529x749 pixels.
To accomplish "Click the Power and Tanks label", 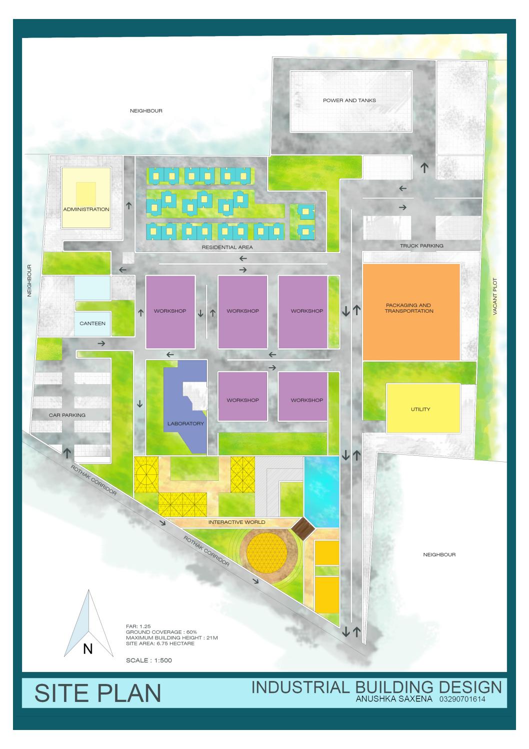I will tap(349, 101).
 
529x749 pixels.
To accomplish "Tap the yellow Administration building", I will tap(86, 198).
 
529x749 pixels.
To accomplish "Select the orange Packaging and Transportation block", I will tap(411, 311).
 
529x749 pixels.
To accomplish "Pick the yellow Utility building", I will tap(423, 408).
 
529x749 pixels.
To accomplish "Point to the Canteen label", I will tap(93, 323).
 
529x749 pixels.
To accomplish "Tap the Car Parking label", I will tap(67, 415).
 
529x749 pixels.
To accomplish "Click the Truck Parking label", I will tap(421, 246).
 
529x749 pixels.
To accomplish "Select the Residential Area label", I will tap(227, 247).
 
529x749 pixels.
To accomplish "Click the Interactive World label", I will tap(236, 522).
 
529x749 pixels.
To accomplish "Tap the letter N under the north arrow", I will tap(88, 649).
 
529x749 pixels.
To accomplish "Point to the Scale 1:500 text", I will tap(149, 660).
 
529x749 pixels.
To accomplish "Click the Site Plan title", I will tap(98, 693).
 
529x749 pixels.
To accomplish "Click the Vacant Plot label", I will tap(495, 297).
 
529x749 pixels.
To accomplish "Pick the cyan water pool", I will tap(321, 487).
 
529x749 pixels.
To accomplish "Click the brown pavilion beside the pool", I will tap(302, 527).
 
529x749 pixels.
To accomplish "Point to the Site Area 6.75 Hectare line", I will tap(160, 643).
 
